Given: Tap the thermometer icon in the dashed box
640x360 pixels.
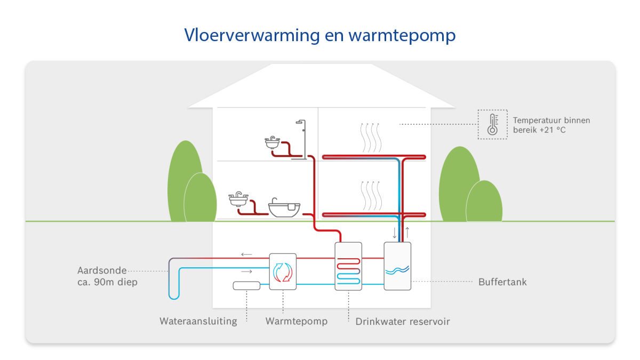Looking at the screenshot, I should click(x=492, y=125).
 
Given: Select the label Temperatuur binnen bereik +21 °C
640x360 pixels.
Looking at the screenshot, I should click(x=551, y=125).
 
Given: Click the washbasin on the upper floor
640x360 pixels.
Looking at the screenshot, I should click(x=272, y=142).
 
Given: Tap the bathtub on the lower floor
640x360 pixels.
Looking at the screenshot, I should click(x=284, y=207).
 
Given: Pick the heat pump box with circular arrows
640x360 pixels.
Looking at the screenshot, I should click(x=283, y=271).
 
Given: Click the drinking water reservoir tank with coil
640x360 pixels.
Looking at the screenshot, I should click(x=348, y=266).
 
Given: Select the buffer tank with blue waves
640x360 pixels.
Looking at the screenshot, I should click(x=397, y=266).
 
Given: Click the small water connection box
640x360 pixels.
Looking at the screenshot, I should click(x=246, y=285).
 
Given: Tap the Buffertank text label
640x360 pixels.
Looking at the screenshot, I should click(x=502, y=282).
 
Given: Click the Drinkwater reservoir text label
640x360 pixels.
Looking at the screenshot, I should click(x=403, y=322).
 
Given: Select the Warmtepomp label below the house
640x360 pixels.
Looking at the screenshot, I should click(x=296, y=322).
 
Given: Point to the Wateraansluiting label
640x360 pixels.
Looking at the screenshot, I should click(x=198, y=322).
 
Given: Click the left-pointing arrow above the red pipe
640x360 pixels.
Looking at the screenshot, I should click(x=246, y=254).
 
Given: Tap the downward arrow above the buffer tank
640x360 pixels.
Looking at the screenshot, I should click(x=395, y=234).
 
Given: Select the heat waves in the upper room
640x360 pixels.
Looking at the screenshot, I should click(x=371, y=137).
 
